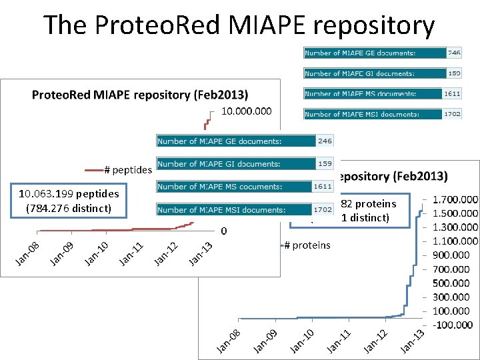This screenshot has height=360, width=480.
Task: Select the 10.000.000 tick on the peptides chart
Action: click(x=247, y=111)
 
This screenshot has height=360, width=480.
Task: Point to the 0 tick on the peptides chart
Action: click(x=224, y=231)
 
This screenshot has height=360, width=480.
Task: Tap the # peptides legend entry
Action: click(x=127, y=170)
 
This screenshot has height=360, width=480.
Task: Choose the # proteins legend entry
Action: click(x=307, y=245)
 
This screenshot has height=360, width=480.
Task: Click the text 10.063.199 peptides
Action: click(x=69, y=194)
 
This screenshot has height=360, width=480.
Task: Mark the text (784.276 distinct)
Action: click(x=69, y=207)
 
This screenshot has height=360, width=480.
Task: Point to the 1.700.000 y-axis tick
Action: click(x=455, y=199)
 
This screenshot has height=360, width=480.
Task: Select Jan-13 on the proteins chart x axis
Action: click(x=412, y=342)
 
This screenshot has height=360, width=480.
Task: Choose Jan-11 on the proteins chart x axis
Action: click(x=339, y=342)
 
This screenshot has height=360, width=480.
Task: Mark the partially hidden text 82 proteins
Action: click(x=368, y=204)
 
